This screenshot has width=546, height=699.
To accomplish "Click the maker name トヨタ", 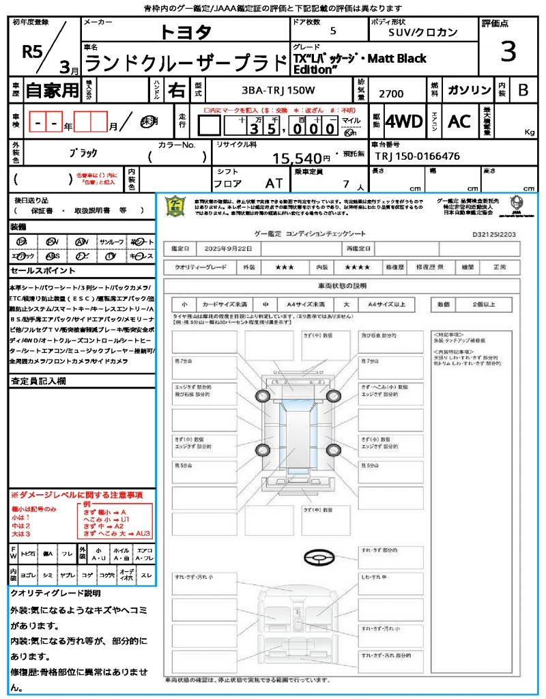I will (186, 32).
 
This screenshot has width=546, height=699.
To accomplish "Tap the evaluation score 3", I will (507, 51).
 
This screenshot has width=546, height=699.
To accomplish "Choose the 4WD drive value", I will (404, 122).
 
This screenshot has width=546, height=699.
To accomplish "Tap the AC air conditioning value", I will (459, 122).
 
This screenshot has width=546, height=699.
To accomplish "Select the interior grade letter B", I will (523, 90).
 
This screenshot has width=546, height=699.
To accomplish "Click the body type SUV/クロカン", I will (423, 32).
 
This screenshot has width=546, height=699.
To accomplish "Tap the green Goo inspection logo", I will (175, 205).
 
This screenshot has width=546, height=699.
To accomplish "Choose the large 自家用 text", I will (53, 90).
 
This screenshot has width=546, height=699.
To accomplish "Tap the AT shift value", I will (274, 184).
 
